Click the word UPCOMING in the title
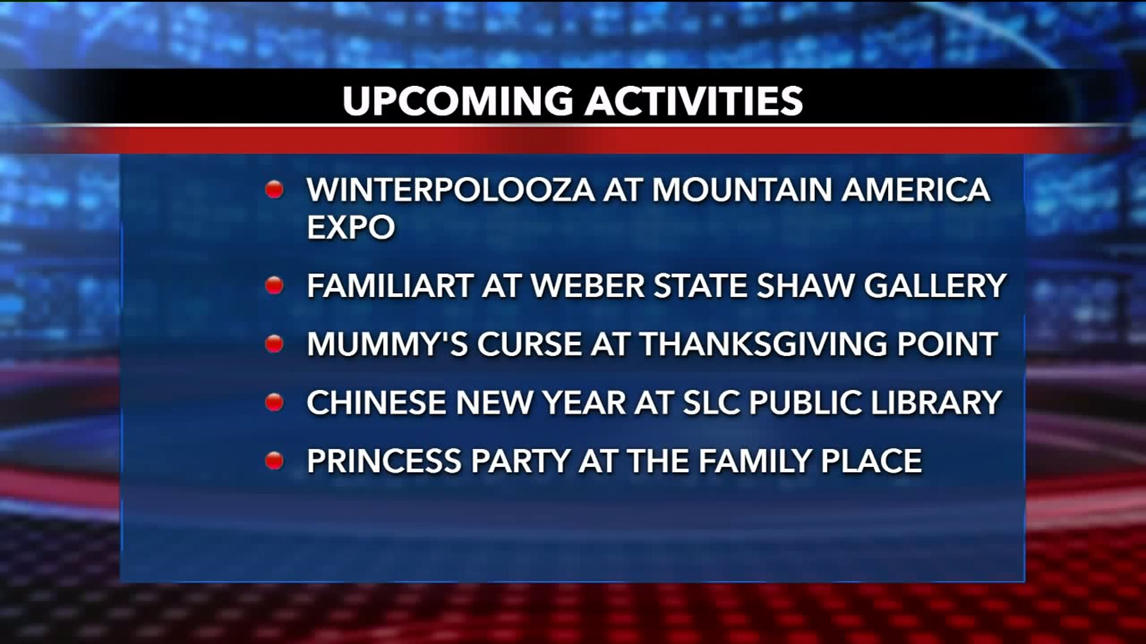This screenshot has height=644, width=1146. tap(458, 100)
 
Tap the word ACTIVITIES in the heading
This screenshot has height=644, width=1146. tap(694, 100)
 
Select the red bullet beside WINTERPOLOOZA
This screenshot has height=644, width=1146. tap(274, 190)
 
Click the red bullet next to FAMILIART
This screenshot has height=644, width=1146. tap(274, 285)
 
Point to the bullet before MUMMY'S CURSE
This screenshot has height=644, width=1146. tap(274, 343)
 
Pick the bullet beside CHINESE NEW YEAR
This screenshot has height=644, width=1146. tap(274, 402)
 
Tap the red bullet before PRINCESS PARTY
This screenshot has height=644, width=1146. tap(274, 461)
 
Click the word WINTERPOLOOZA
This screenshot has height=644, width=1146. tap(451, 190)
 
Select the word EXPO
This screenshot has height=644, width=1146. tap(351, 227)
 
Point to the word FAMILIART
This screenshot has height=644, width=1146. tap(390, 285)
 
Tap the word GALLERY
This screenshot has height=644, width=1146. tap(935, 285)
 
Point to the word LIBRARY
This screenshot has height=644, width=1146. tap(936, 402)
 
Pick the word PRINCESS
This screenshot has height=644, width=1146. tap(384, 461)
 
